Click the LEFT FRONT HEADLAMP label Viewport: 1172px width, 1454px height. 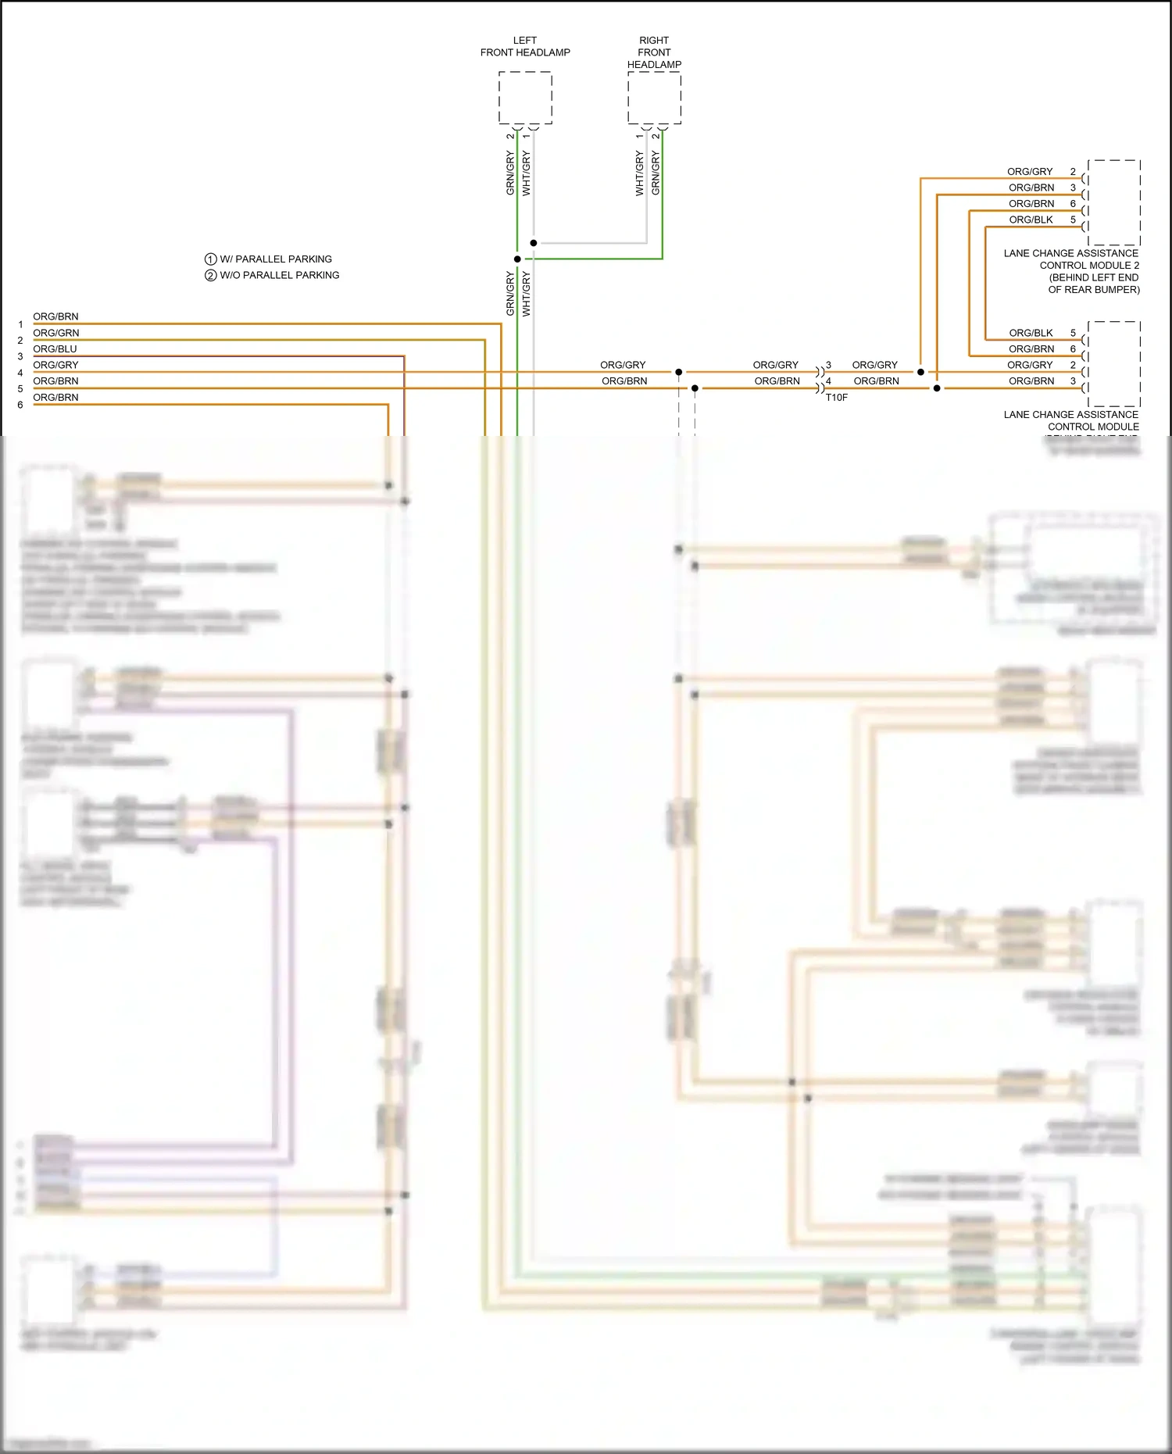pyautogui.click(x=525, y=46)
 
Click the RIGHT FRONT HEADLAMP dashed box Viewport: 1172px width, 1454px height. pyautogui.click(x=654, y=98)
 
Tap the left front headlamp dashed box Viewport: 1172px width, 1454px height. pyautogui.click(x=525, y=98)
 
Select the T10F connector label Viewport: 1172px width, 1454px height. pyautogui.click(x=836, y=398)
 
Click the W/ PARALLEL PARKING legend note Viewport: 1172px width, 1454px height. pyautogui.click(x=275, y=259)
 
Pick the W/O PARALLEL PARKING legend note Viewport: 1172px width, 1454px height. pyautogui.click(x=279, y=275)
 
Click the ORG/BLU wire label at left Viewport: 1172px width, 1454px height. pyautogui.click(x=55, y=349)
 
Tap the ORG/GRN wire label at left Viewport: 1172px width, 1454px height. pyautogui.click(x=55, y=333)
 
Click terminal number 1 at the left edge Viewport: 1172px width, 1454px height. pyautogui.click(x=20, y=325)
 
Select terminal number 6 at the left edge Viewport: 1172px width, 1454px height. pyautogui.click(x=20, y=405)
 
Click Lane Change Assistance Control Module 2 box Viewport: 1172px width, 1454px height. pyautogui.click(x=1113, y=203)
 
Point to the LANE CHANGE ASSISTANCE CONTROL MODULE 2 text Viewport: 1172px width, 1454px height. pyautogui.click(x=1071, y=270)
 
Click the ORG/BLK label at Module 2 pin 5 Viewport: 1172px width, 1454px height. pyautogui.click(x=1031, y=220)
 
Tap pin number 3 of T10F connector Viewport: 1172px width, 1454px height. pyautogui.click(x=828, y=365)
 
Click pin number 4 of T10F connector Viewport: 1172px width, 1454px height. pyautogui.click(x=828, y=381)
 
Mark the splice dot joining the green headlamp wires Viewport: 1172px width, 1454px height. pyautogui.click(x=517, y=259)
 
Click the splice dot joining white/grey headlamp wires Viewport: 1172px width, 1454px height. pyautogui.click(x=534, y=243)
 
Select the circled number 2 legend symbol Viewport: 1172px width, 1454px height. pyautogui.click(x=210, y=275)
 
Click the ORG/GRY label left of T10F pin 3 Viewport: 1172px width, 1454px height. pyautogui.click(x=775, y=365)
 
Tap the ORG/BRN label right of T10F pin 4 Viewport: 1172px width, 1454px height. pyautogui.click(x=876, y=381)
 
